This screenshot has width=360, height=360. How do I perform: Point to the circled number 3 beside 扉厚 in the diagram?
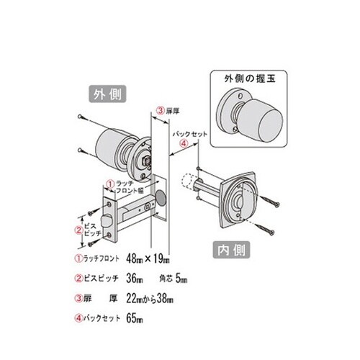(160, 112)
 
